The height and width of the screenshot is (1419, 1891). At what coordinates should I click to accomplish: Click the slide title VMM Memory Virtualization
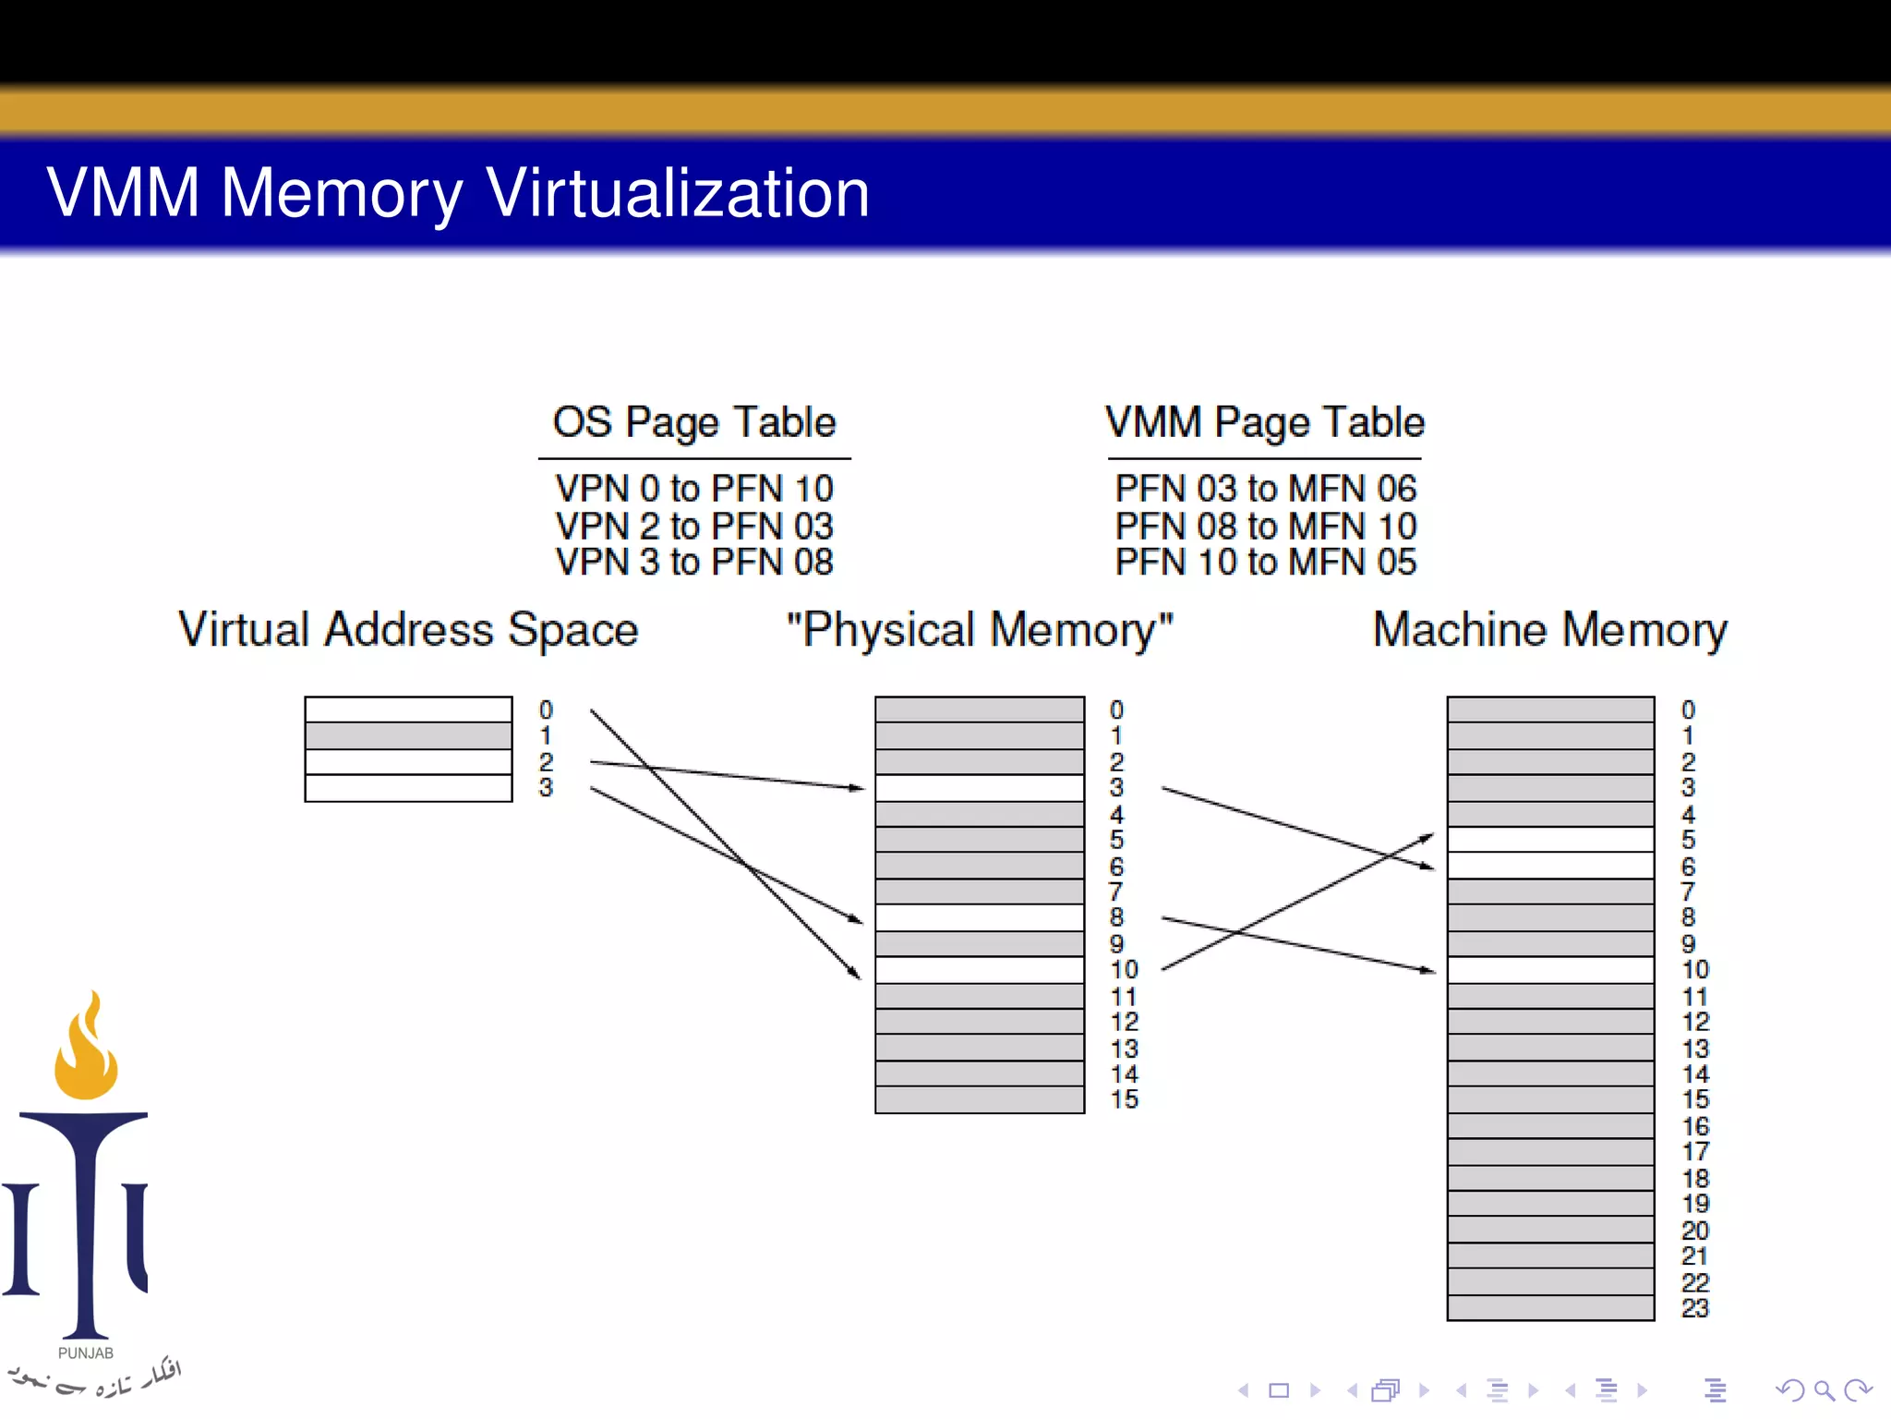coord(458,193)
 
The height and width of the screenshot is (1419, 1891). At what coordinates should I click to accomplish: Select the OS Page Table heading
coord(694,422)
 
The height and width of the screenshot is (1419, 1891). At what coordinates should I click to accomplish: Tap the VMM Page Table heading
coord(1265,422)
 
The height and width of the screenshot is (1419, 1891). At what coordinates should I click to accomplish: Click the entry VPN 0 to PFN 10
coord(694,488)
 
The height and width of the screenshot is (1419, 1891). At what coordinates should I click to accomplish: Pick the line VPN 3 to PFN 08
coord(694,562)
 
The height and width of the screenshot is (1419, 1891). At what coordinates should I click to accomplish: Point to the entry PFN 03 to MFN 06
coord(1265,488)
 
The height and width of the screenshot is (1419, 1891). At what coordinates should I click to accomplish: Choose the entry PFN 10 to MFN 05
coord(1265,562)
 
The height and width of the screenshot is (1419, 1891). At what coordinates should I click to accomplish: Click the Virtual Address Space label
coord(408,630)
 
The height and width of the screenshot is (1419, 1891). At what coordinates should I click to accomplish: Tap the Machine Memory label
coord(1549,630)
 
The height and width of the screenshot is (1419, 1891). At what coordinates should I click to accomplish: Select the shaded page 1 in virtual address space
coord(408,736)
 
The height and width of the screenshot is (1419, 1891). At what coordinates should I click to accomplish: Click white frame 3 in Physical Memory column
coord(979,788)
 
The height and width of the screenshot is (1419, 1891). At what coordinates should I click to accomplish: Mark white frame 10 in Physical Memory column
coord(979,970)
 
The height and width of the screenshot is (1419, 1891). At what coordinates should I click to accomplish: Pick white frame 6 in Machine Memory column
coord(1549,866)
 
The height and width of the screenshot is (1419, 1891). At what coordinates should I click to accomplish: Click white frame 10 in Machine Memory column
coord(1549,970)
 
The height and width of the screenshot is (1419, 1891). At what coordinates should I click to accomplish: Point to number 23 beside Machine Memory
coord(1694,1308)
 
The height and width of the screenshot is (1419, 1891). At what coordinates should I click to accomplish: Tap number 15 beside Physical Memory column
coord(1124,1099)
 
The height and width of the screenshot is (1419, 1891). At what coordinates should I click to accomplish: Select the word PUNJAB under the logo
coord(86,1353)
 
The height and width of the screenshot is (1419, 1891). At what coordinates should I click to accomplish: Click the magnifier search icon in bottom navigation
coord(1823,1390)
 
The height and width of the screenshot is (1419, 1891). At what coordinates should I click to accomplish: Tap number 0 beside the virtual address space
coord(546,709)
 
